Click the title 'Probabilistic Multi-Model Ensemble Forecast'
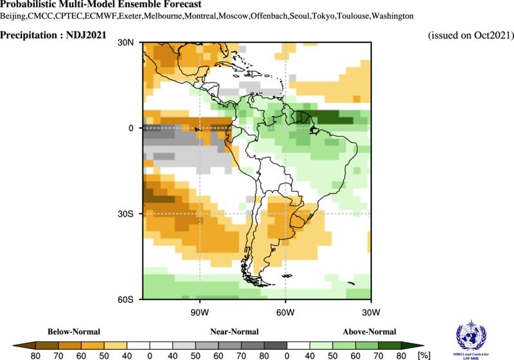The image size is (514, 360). click(x=101, y=5)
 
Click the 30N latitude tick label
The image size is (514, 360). click(x=126, y=42)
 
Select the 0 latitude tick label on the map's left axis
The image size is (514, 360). click(x=130, y=128)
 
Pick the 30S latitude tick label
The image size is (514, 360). click(x=127, y=213)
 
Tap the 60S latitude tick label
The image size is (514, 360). click(x=127, y=299)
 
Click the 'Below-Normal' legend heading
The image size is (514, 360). click(x=74, y=332)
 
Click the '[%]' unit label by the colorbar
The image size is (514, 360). click(x=424, y=354)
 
